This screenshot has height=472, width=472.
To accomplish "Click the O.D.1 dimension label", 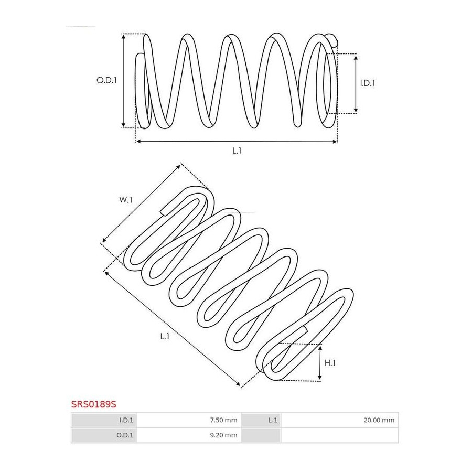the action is click(106, 80).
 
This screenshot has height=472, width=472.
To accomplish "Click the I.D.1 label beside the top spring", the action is click(368, 83).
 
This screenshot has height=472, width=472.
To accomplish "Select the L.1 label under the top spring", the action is click(237, 151).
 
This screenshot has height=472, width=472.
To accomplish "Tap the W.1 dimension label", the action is click(126, 200).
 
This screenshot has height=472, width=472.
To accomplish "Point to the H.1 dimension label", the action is click(330, 363).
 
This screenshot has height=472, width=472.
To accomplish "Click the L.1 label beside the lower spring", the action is click(165, 336).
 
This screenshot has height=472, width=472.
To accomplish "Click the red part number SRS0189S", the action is click(94, 404).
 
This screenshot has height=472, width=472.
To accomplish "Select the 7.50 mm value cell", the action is click(189, 420).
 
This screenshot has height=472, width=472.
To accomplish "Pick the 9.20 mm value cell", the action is click(189, 435).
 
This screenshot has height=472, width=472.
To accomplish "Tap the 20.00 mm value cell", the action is click(339, 420).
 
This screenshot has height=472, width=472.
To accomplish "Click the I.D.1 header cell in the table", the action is click(104, 420).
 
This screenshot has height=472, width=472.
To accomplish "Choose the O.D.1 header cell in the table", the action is click(104, 435).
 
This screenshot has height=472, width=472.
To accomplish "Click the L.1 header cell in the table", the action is click(261, 420).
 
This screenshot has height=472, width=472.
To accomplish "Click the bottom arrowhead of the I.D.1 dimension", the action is click(356, 111).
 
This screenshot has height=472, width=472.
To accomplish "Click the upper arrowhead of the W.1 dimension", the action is click(179, 166).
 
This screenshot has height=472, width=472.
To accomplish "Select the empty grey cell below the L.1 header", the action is click(261, 435).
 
